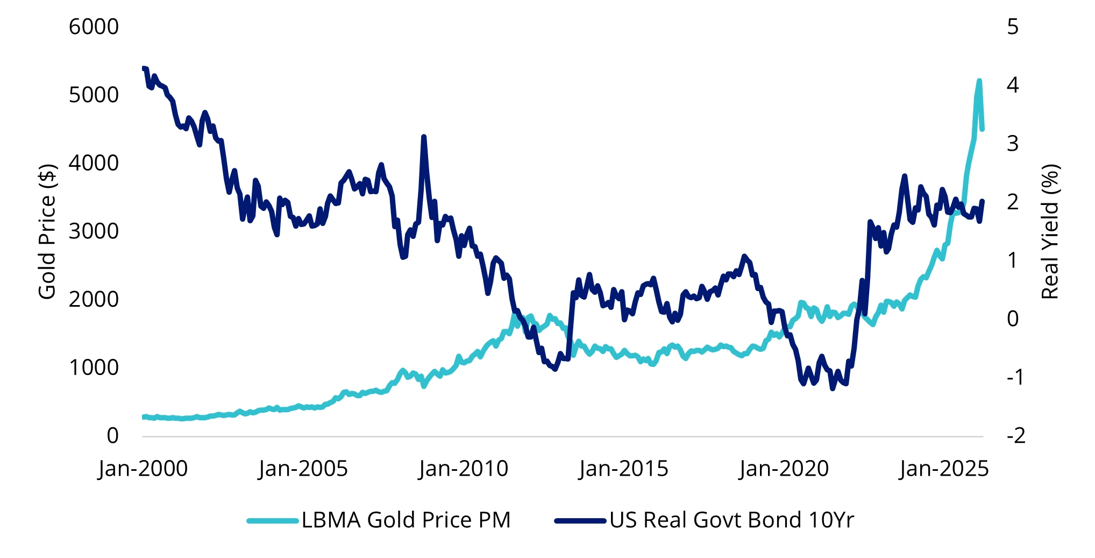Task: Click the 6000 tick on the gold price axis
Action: tap(94, 27)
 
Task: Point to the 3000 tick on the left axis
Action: tap(94, 231)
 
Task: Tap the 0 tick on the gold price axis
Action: tap(112, 436)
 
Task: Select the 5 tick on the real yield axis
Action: tap(1013, 27)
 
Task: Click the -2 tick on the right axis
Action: tap(1015, 436)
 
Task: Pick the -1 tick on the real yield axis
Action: tap(1015, 377)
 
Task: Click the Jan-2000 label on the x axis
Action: tap(143, 469)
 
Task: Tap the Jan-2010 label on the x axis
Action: tap(464, 469)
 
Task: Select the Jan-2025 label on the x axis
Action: tap(944, 469)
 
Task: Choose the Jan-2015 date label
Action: tap(624, 469)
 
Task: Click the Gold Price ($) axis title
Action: tap(47, 231)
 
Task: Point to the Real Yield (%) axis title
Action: tap(1050, 231)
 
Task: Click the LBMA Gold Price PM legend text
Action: tap(406, 520)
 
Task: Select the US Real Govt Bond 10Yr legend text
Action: tap(731, 520)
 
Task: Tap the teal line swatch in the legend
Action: tap(273, 521)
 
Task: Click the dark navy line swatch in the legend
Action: tap(580, 521)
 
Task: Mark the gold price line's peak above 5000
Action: tap(979, 81)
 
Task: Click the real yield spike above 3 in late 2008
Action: tap(424, 137)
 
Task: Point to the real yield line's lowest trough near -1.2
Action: tap(833, 388)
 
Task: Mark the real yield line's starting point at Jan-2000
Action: tap(143, 68)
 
